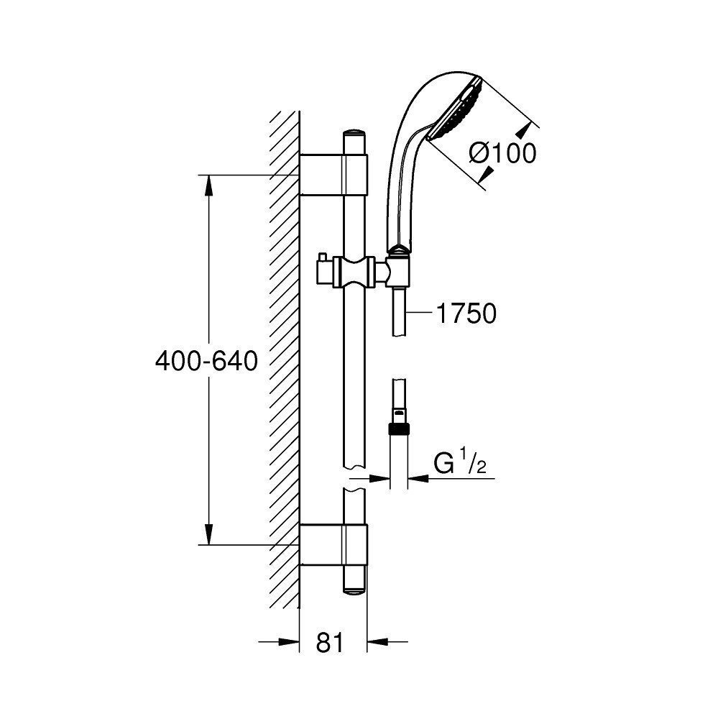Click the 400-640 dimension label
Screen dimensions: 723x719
click(x=206, y=361)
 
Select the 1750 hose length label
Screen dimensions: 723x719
click(x=466, y=313)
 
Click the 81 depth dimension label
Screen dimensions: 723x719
click(x=330, y=642)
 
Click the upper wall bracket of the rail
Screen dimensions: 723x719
click(x=334, y=174)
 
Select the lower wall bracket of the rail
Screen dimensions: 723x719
click(x=334, y=544)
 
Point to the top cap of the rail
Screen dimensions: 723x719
click(x=354, y=132)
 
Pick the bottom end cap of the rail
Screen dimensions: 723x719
click(x=354, y=590)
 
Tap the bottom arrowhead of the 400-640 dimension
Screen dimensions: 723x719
click(x=209, y=535)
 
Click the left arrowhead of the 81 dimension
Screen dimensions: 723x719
click(x=290, y=641)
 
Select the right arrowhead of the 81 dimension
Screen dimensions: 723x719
click(x=377, y=641)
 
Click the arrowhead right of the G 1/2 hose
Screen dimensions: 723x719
click(x=418, y=478)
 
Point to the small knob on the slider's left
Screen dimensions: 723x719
click(x=321, y=257)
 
